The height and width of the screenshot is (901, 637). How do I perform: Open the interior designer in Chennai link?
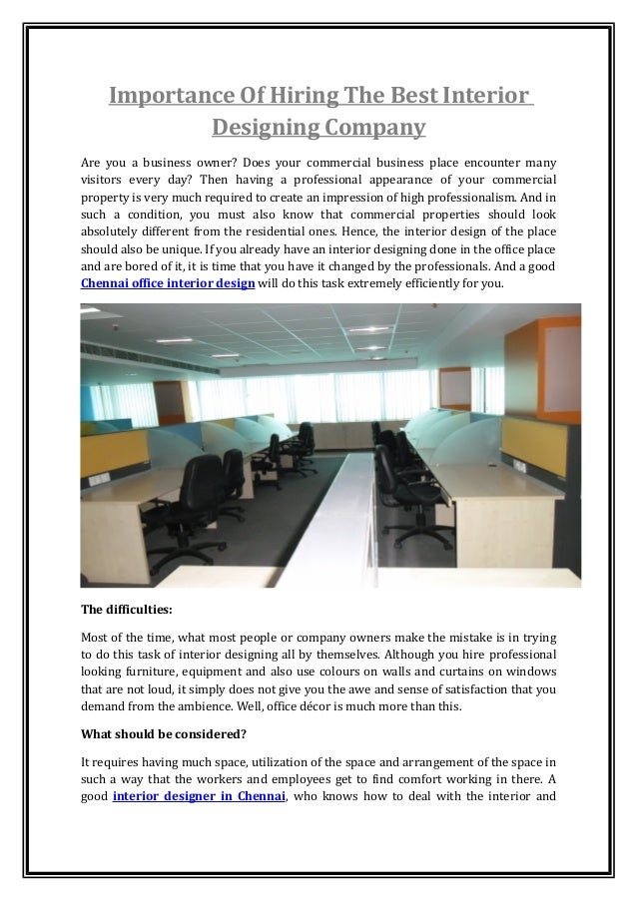click(x=200, y=796)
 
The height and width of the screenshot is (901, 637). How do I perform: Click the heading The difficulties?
click(x=123, y=609)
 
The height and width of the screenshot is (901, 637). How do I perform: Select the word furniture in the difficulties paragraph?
click(x=142, y=673)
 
